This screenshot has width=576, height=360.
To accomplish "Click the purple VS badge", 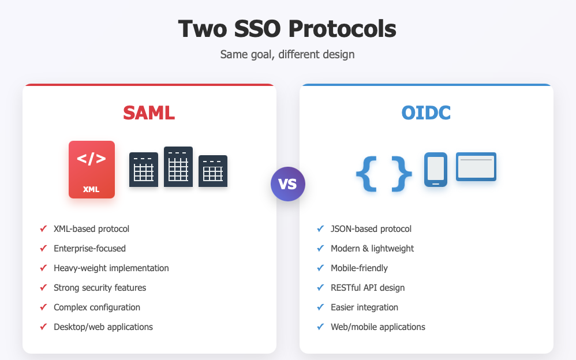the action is (x=288, y=184).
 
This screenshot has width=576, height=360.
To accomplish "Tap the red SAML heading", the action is (x=149, y=112).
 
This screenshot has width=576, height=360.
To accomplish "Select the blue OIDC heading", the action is (x=426, y=112).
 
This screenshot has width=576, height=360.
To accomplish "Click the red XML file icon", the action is (x=92, y=170).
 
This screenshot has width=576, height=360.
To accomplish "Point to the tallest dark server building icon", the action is (x=178, y=167).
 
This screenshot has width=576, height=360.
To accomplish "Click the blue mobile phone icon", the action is (x=436, y=170).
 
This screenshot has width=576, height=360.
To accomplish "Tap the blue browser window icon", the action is (x=476, y=167).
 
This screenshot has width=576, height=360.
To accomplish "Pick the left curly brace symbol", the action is (x=366, y=174).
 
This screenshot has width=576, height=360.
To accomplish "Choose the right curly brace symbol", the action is (x=402, y=174).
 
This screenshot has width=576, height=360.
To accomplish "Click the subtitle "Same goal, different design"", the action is (x=287, y=54).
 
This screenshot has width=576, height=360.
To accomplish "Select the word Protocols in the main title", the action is (x=342, y=29).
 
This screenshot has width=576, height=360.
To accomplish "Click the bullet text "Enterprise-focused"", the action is (x=89, y=248).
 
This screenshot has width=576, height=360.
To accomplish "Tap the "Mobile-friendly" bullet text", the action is (x=359, y=268).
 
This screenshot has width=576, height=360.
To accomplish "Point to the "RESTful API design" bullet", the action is (x=368, y=288).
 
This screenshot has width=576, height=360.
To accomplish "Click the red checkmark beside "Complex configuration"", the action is (x=43, y=307).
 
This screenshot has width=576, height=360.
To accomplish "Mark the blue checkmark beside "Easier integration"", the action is (x=320, y=307).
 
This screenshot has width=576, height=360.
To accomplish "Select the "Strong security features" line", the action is (x=100, y=288).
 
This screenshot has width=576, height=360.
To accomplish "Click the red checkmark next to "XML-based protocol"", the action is (x=43, y=228).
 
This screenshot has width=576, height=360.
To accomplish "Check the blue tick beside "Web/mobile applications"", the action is (x=320, y=326).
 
